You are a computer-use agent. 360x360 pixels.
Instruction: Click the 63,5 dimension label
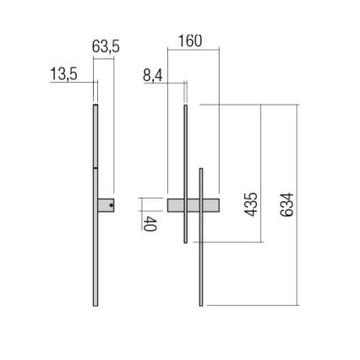pos(105,47)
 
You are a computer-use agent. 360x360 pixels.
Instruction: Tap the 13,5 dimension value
pos(63,74)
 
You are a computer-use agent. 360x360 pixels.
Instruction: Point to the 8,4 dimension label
pos(153,76)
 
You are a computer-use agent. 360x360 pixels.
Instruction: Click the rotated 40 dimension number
pos(150,222)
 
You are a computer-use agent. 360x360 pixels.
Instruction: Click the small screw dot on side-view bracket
pos(112,205)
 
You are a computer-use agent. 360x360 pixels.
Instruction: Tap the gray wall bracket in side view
pos(106,205)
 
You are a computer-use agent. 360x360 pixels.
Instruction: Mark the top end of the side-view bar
pos(95,106)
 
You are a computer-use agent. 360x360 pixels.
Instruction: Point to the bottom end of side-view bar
pos(95,304)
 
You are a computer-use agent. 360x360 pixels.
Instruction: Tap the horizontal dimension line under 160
pos(194,48)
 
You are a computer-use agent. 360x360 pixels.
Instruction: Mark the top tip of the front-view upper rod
pos(185,106)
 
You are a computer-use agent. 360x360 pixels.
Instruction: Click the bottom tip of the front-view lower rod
pos(200,304)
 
